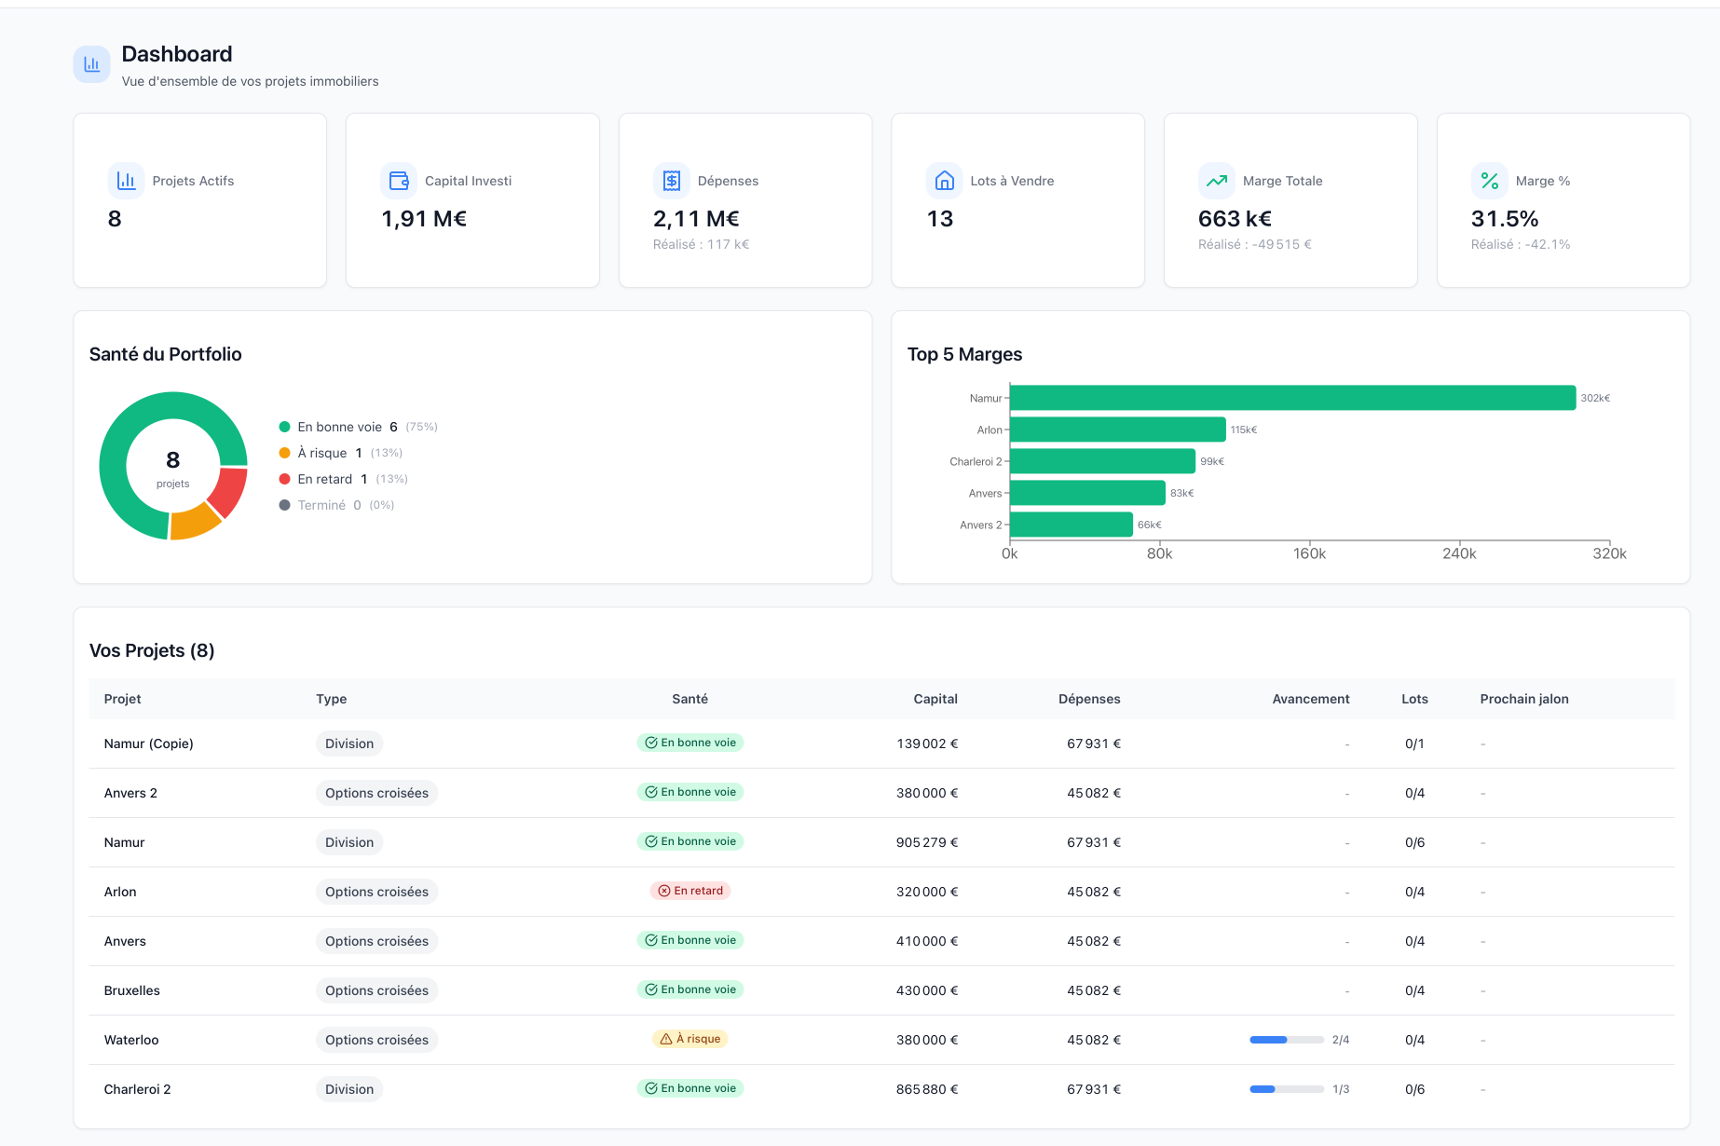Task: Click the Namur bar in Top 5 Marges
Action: pos(1291,398)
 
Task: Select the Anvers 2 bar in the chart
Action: pos(1071,525)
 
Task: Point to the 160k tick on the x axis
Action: pos(1309,553)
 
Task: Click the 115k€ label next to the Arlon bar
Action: pos(1243,430)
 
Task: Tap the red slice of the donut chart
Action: pos(229,491)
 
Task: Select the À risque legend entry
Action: pos(322,453)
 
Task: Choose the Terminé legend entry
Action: pos(321,505)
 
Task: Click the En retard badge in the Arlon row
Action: pos(690,891)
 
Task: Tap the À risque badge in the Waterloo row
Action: pos(690,1039)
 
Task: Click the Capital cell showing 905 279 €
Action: pos(926,842)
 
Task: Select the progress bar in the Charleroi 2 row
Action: pos(1286,1089)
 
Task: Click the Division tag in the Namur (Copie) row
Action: pos(349,744)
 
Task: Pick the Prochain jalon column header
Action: pos(1523,699)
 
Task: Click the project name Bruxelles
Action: pos(132,990)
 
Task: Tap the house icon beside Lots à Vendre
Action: pos(944,181)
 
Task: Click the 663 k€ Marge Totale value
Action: pos(1235,219)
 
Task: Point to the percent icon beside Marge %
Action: pos(1489,181)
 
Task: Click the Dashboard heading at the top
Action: pos(177,54)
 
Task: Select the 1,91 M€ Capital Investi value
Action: pos(424,219)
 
